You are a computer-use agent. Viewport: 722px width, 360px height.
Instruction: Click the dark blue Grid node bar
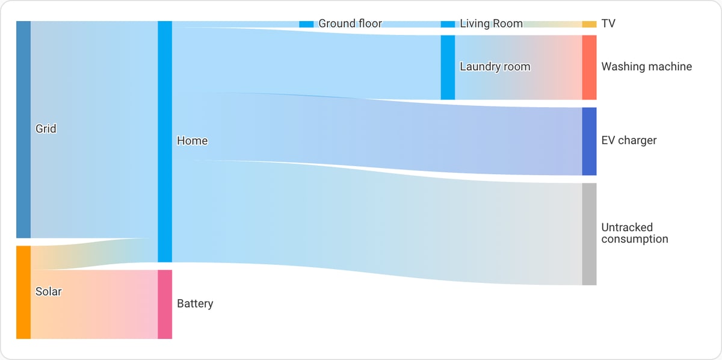click(x=23, y=129)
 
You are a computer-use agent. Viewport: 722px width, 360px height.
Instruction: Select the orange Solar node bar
click(x=23, y=292)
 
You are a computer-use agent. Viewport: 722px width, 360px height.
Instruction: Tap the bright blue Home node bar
click(x=165, y=141)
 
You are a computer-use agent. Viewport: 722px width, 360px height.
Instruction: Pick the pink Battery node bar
click(x=165, y=304)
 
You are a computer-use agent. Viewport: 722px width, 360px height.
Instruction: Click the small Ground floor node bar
click(x=306, y=24)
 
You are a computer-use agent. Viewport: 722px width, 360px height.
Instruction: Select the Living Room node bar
click(x=448, y=24)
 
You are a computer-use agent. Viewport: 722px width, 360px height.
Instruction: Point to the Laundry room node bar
click(x=448, y=67)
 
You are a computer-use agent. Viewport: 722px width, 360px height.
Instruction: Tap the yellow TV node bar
click(x=589, y=24)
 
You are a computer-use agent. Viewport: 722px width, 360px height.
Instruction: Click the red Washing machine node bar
click(x=589, y=67)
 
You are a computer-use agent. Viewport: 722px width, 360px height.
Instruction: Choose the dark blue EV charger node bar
click(x=589, y=141)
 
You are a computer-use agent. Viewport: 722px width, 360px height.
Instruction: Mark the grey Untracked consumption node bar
click(x=589, y=234)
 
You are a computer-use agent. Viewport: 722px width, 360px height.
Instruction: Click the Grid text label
click(x=46, y=129)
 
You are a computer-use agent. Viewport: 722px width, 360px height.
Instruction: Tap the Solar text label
click(x=48, y=291)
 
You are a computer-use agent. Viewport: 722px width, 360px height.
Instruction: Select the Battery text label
click(x=195, y=303)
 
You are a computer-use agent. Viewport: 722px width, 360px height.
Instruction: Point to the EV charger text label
click(x=629, y=140)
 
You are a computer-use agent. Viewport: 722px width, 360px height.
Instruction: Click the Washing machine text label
click(x=647, y=66)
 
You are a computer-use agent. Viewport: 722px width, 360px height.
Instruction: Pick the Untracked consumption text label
click(x=635, y=233)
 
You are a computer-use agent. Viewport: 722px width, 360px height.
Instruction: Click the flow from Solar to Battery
click(x=94, y=304)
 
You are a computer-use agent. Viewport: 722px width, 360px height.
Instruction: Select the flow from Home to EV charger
click(x=377, y=134)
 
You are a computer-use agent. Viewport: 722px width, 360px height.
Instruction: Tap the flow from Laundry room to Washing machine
click(x=519, y=67)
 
